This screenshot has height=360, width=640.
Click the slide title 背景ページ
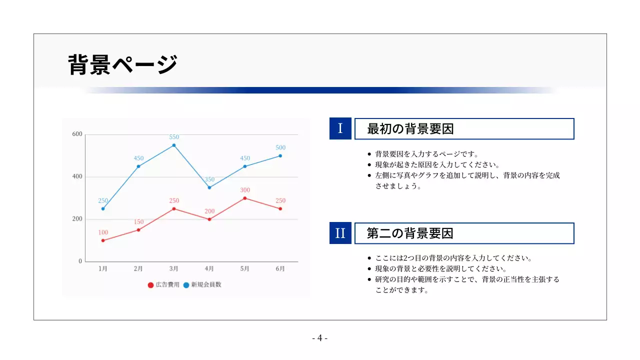click(123, 64)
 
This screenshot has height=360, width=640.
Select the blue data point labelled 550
click(174, 145)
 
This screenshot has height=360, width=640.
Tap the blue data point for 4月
click(209, 187)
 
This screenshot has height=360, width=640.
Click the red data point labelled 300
click(244, 198)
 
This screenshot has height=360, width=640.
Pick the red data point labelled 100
click(103, 240)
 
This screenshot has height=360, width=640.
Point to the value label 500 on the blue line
click(280, 147)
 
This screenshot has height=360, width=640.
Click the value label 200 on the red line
click(209, 211)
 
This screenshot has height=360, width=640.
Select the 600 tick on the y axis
click(77, 134)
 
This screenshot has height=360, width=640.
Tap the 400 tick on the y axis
click(77, 177)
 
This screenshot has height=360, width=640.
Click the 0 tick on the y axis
click(80, 261)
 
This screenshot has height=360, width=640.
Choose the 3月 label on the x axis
click(173, 269)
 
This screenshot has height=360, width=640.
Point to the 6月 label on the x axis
click(280, 269)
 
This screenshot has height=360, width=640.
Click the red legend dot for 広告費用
click(150, 285)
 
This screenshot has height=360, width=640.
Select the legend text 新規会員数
click(206, 285)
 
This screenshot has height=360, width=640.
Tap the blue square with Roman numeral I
click(340, 128)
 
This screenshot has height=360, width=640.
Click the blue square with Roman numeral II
click(340, 233)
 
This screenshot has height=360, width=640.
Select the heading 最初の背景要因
click(410, 129)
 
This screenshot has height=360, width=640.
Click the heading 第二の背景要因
click(410, 233)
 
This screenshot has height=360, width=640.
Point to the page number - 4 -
click(320, 338)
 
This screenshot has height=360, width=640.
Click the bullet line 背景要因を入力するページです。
click(426, 154)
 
